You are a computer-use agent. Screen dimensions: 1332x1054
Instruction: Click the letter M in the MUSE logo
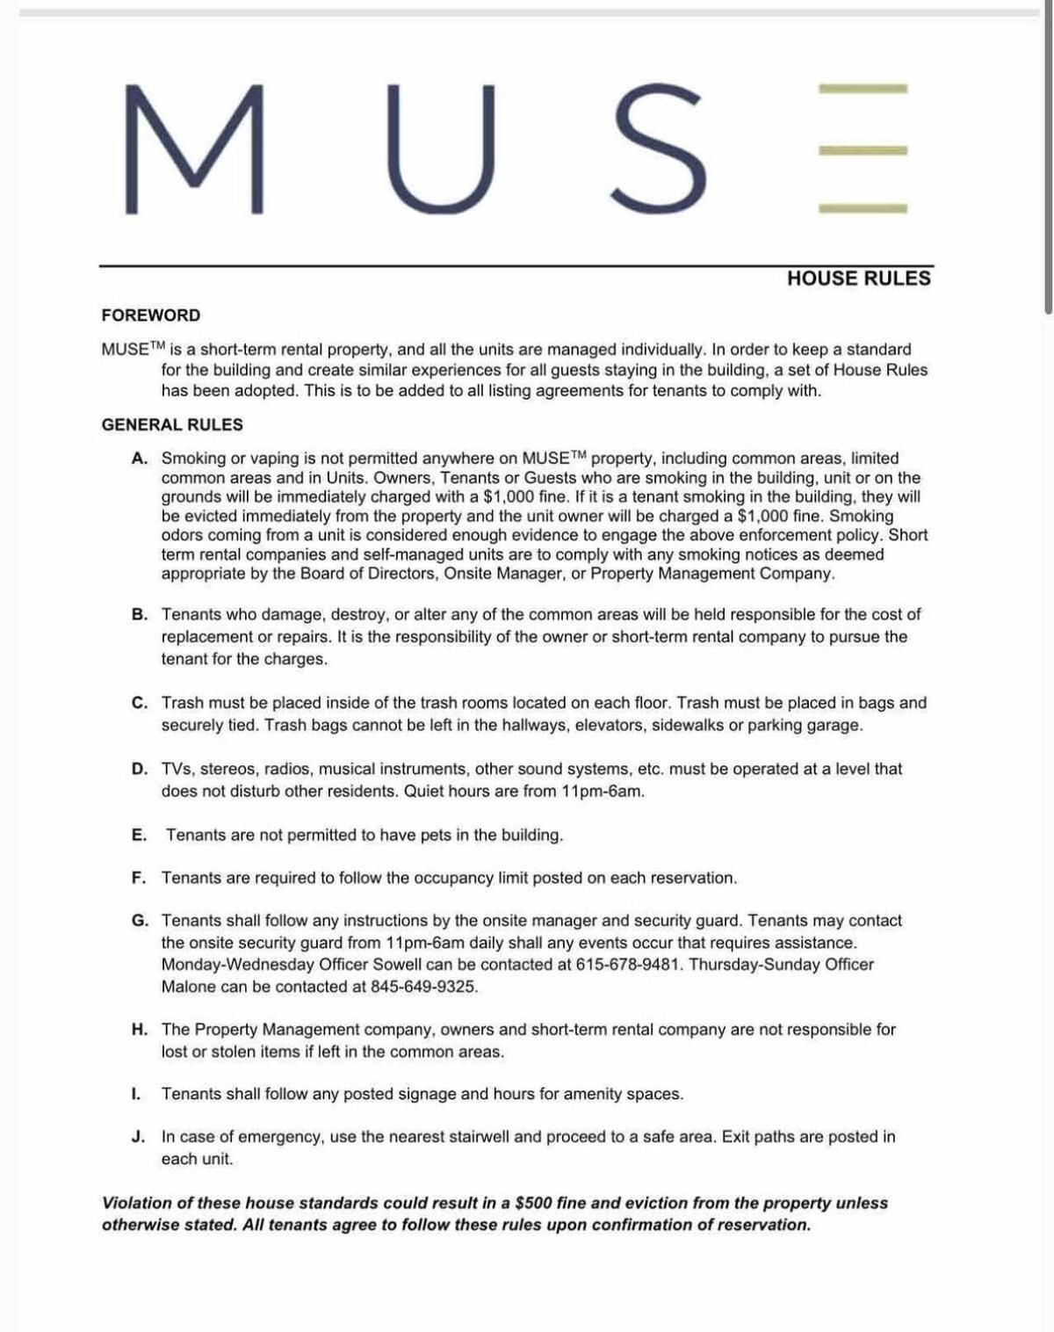pyautogui.click(x=194, y=149)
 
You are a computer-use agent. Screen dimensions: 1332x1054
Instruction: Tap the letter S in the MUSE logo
pyautogui.click(x=658, y=149)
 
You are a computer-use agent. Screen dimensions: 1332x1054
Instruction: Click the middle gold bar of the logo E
pyautogui.click(x=863, y=150)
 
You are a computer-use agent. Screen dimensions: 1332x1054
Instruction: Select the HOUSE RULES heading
pyautogui.click(x=858, y=279)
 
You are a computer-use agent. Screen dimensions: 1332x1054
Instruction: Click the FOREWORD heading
pyautogui.click(x=150, y=315)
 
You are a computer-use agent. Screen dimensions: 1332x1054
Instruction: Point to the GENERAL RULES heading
pyautogui.click(x=172, y=424)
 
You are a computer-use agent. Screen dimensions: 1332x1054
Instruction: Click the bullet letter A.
pyautogui.click(x=139, y=458)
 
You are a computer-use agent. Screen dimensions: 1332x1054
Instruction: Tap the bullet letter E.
pyautogui.click(x=139, y=835)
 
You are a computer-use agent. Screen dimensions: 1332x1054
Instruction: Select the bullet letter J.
pyautogui.click(x=139, y=1136)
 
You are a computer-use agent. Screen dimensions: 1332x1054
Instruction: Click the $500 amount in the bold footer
pyautogui.click(x=534, y=1203)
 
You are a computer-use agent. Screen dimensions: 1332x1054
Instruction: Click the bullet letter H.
pyautogui.click(x=139, y=1029)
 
